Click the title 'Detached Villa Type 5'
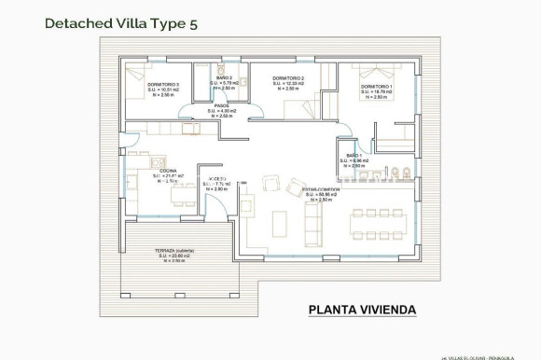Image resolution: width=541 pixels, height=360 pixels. (122, 23)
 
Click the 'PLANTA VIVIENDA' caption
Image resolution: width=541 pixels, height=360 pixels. (361, 310)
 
